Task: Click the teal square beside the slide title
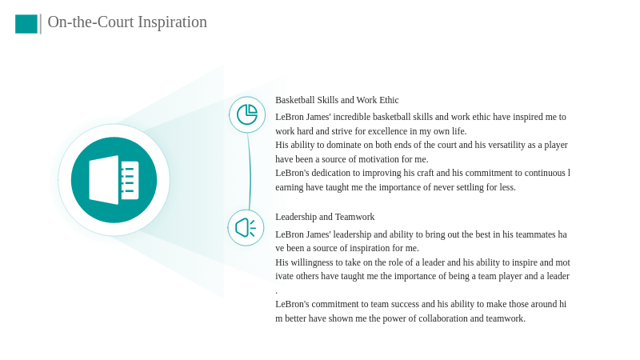[x=26, y=24]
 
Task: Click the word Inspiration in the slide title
[x=172, y=22]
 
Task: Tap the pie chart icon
[x=247, y=114]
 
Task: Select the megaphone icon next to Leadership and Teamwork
[x=246, y=228]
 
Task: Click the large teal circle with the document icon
[x=114, y=180]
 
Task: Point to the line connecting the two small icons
[x=250, y=171]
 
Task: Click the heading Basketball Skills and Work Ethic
[x=337, y=100]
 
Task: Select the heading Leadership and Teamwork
[x=325, y=217]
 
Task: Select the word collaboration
[x=443, y=318]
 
